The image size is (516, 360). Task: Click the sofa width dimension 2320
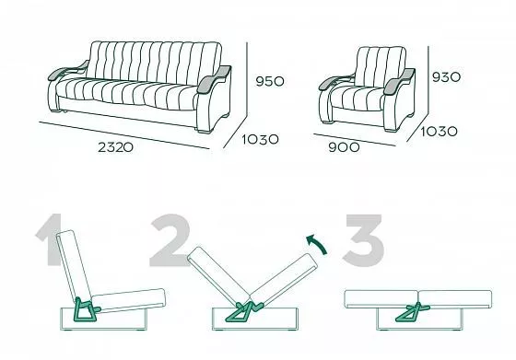115,147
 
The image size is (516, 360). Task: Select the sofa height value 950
270,81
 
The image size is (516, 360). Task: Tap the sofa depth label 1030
260,140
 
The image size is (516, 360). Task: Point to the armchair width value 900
344,147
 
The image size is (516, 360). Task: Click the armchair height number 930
446,77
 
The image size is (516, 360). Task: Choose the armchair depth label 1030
439,132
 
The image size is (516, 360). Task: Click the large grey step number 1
50,239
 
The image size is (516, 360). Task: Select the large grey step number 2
170,240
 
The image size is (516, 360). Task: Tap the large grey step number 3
363,240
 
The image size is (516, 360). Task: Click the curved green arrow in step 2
319,243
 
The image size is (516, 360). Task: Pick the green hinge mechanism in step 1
86,309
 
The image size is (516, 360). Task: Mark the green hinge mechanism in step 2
244,311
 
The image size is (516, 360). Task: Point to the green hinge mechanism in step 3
413,312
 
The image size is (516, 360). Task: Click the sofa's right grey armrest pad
214,79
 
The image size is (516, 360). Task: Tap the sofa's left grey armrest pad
67,70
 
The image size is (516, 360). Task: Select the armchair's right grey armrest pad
399,81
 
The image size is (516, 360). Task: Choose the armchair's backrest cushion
380,66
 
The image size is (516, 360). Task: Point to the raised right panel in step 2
284,280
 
